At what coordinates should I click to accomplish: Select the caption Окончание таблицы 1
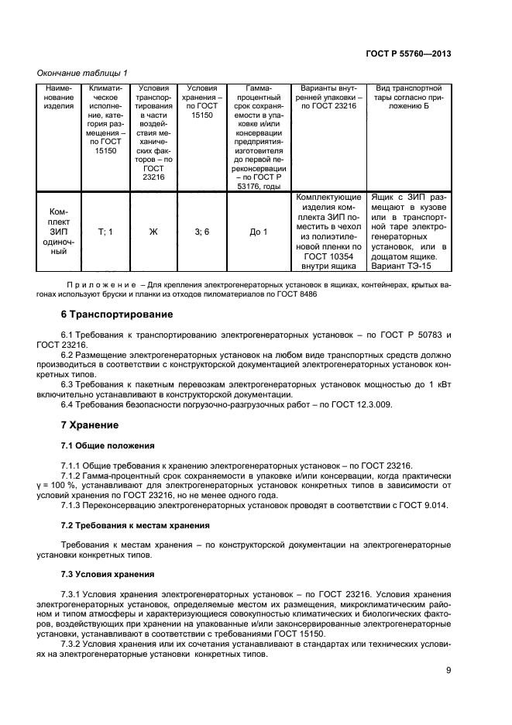point(83,73)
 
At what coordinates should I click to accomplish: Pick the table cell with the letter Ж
point(153,232)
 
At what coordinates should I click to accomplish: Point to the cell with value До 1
point(259,232)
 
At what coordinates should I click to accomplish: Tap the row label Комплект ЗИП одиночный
point(59,232)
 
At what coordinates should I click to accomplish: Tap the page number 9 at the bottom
point(448,671)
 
